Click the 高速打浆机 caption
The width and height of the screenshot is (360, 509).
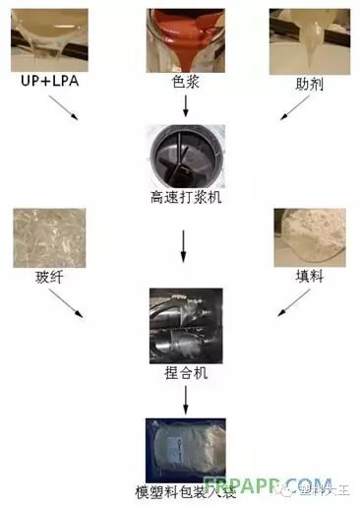182,196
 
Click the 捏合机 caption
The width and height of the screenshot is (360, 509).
182,374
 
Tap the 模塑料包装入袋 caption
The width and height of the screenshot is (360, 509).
181,490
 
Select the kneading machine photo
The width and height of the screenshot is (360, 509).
182,326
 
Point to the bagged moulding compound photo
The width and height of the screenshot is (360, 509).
182,449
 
